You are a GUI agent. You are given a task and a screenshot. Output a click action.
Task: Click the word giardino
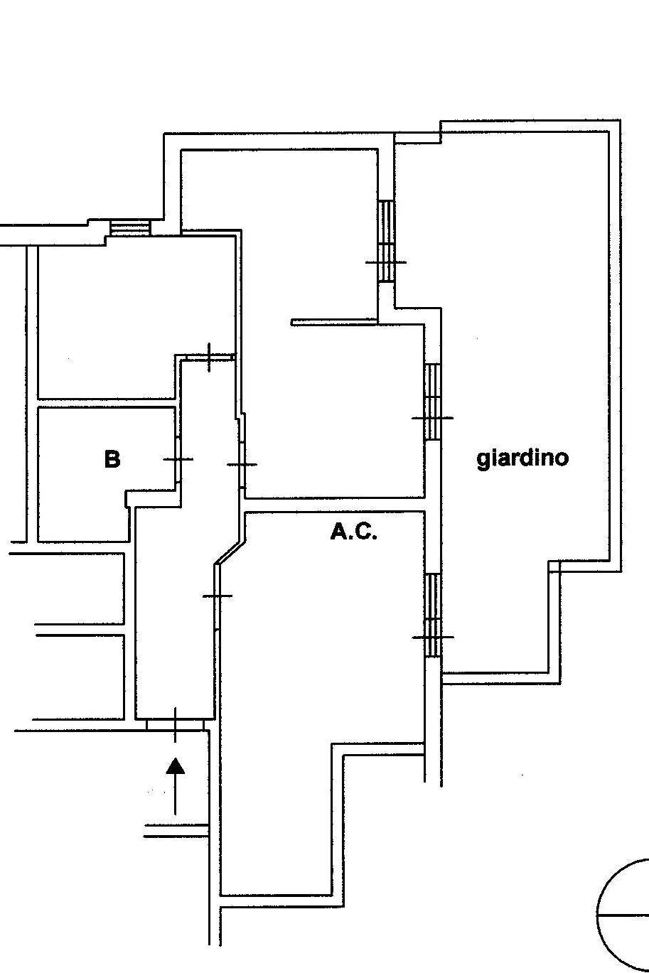tap(522, 458)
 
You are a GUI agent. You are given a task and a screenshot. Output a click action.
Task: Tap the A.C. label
tap(353, 532)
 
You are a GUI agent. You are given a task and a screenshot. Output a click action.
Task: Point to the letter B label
tap(112, 459)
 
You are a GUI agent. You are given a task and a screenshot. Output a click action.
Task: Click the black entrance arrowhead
tap(176, 765)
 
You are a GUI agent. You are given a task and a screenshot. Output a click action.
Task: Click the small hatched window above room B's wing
tap(131, 228)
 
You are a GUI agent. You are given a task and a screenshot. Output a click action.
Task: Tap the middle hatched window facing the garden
tap(432, 402)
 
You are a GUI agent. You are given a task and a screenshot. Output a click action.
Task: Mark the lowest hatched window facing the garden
tap(432, 615)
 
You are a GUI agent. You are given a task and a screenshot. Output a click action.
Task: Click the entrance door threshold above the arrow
tap(176, 724)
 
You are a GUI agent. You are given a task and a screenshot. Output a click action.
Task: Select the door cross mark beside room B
tap(178, 460)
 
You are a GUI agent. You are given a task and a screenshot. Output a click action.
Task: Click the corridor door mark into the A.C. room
tap(217, 596)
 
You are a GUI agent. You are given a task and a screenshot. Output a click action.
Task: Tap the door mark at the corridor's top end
tap(209, 357)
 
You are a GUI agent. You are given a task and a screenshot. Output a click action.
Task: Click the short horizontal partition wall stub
tap(334, 322)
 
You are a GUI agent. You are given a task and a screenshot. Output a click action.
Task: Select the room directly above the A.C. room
tap(334, 412)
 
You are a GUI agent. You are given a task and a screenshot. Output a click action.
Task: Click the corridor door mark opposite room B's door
tap(242, 464)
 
